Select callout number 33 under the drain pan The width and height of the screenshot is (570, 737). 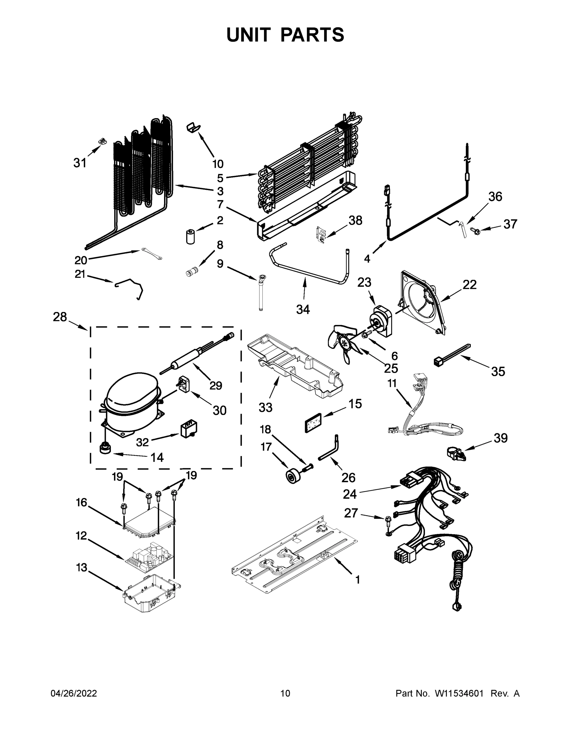(265, 407)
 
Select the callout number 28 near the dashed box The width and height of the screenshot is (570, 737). (60, 317)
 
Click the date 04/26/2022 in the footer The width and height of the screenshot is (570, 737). (74, 693)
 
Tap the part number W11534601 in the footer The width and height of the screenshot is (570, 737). (459, 693)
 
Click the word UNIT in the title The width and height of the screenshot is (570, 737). (249, 35)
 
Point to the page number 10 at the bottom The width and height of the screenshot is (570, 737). (285, 693)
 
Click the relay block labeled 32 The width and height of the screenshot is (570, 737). (189, 430)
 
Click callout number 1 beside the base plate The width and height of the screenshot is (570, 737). (358, 580)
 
